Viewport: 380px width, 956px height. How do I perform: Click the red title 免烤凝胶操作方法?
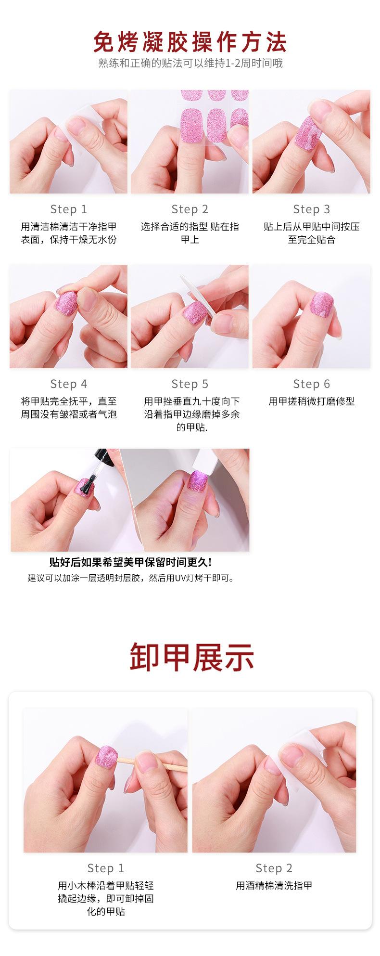(190, 42)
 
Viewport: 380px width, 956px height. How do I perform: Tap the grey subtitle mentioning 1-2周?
(190, 63)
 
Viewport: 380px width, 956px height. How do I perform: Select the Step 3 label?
(312, 209)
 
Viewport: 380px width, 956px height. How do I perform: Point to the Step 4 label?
(69, 384)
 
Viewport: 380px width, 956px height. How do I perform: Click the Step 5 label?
(190, 384)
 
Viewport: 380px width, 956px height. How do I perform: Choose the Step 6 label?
(312, 384)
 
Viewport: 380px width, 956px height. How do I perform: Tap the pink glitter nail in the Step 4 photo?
(68, 304)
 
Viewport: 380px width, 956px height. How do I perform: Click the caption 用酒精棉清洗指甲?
(274, 885)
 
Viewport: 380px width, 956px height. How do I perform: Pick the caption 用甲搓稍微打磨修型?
(312, 401)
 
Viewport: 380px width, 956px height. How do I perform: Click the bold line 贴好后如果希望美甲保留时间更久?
(130, 562)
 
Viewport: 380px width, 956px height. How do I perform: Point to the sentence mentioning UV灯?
(130, 578)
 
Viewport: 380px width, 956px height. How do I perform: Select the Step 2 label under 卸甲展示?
(274, 868)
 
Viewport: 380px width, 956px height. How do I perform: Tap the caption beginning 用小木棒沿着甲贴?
(106, 898)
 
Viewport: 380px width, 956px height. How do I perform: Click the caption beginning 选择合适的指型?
(190, 233)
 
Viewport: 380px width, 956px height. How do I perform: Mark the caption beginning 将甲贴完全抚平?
(69, 408)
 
